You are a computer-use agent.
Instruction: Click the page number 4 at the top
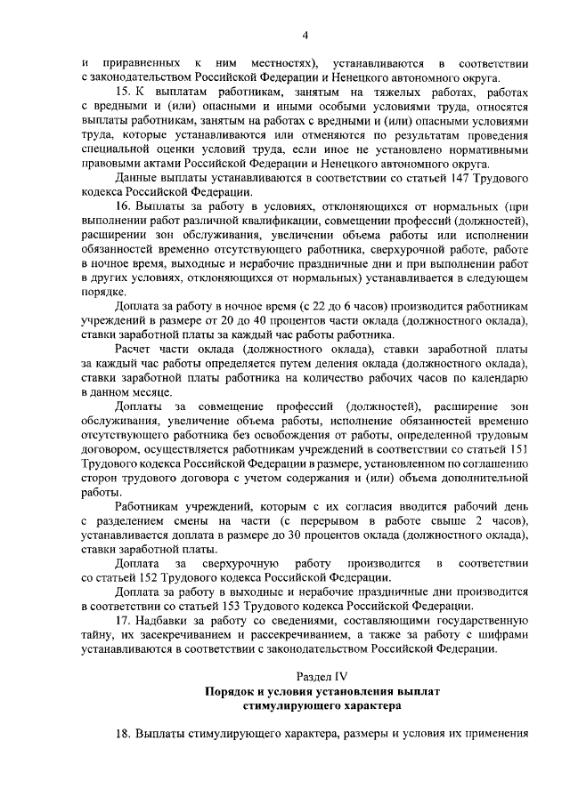pyautogui.click(x=305, y=36)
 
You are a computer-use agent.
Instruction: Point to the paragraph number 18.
pyautogui.click(x=123, y=736)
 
